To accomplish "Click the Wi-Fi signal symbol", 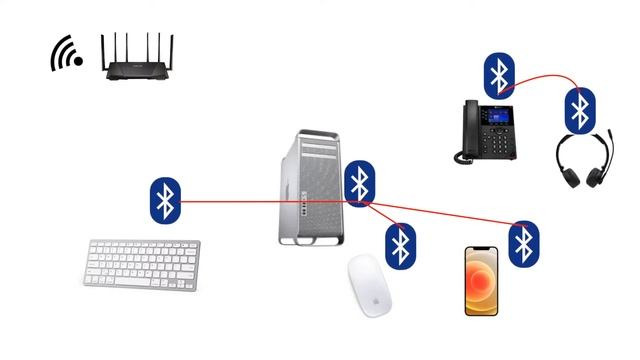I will point(67,54).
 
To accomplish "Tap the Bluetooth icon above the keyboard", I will point(165,200).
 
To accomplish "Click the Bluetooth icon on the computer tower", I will point(359,183).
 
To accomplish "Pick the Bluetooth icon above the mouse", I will point(400,245).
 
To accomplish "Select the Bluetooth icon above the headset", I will point(579,110).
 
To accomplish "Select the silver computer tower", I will point(312,186).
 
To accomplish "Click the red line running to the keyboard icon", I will point(260,201).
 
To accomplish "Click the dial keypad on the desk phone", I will point(495,143).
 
